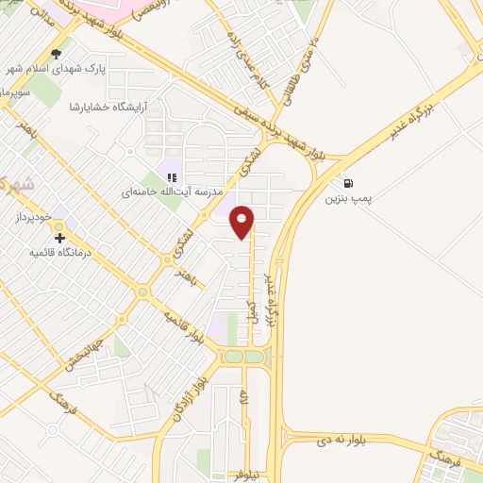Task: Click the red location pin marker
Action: (x=243, y=222)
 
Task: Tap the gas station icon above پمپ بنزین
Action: (x=350, y=183)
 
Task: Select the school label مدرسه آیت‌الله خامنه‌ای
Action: (x=172, y=191)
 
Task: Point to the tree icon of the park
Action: (x=58, y=54)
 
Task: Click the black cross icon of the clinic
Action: (x=60, y=239)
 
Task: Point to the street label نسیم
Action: (x=252, y=311)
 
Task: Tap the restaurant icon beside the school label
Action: (x=172, y=175)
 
